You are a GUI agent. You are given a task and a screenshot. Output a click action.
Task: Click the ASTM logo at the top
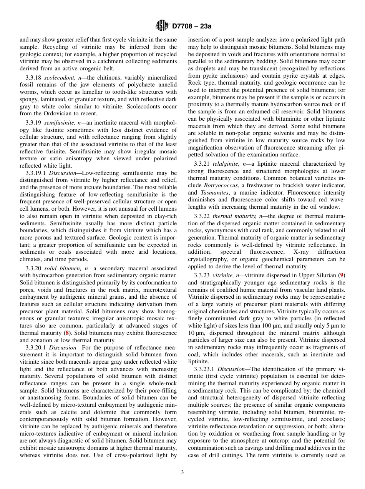pyautogui.click(x=162, y=26)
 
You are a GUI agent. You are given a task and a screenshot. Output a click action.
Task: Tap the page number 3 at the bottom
pyautogui.click(x=182, y=472)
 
